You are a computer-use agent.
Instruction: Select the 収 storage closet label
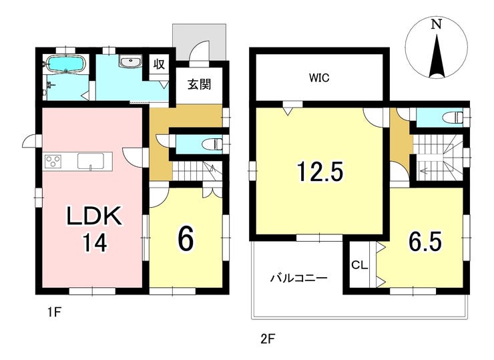159,64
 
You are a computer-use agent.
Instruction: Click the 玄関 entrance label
199,84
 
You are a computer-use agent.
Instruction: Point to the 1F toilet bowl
215,144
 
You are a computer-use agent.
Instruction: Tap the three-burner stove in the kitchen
53,161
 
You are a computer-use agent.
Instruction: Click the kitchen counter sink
91,161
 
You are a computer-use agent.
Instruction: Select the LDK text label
94,216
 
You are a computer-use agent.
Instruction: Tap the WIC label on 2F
319,77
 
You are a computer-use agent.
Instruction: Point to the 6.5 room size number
425,241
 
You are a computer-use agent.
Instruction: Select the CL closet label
359,265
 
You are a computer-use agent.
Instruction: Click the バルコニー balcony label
299,278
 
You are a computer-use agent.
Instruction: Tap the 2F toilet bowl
453,118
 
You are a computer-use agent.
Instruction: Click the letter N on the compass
436,24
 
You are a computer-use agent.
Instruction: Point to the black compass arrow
437,57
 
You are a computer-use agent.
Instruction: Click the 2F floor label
268,339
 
